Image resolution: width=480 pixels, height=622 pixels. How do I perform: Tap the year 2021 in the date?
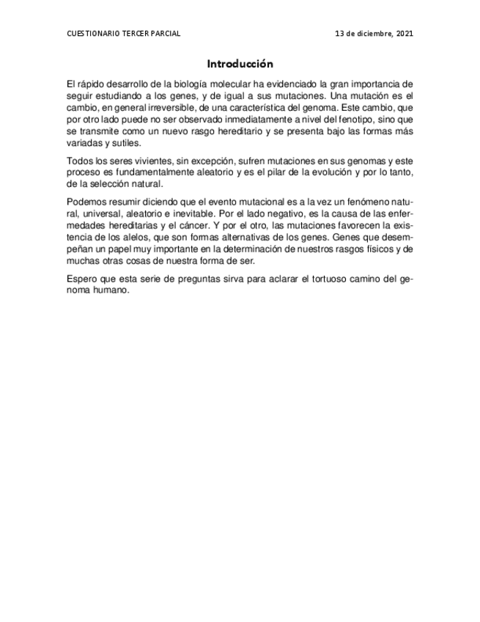pyautogui.click(x=405, y=34)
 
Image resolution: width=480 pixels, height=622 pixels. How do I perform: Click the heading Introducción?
pyautogui.click(x=240, y=64)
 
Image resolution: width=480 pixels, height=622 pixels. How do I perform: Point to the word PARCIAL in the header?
pyautogui.click(x=166, y=34)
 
